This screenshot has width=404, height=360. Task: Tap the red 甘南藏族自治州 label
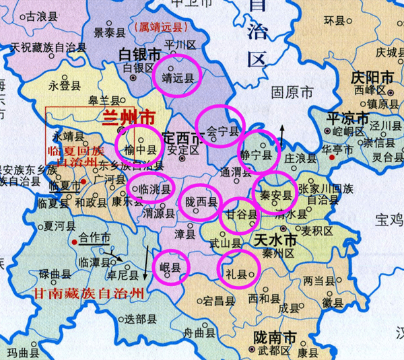click(x=90, y=293)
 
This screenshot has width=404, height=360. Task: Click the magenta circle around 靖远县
click(x=176, y=75)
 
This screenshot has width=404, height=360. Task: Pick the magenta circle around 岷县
click(x=171, y=266)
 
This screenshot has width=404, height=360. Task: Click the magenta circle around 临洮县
click(x=149, y=188)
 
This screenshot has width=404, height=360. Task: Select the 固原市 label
click(x=292, y=91)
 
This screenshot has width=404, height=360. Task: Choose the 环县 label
click(x=334, y=20)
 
